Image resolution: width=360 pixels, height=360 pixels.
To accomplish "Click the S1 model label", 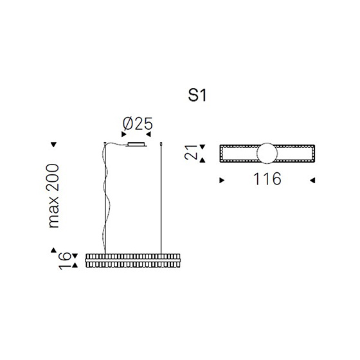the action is [197, 95].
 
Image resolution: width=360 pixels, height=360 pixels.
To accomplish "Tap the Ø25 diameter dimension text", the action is [138, 123].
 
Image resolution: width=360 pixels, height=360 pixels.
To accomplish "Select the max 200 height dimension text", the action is [54, 196].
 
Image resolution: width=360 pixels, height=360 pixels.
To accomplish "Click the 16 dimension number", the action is [64, 260].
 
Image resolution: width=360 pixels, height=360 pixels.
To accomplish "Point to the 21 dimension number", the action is [191, 152].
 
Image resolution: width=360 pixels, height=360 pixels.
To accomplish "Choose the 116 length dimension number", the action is [267, 179].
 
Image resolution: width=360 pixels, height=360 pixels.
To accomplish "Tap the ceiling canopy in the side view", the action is [136, 145].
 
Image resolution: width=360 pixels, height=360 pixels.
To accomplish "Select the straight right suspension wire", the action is [161, 199].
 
